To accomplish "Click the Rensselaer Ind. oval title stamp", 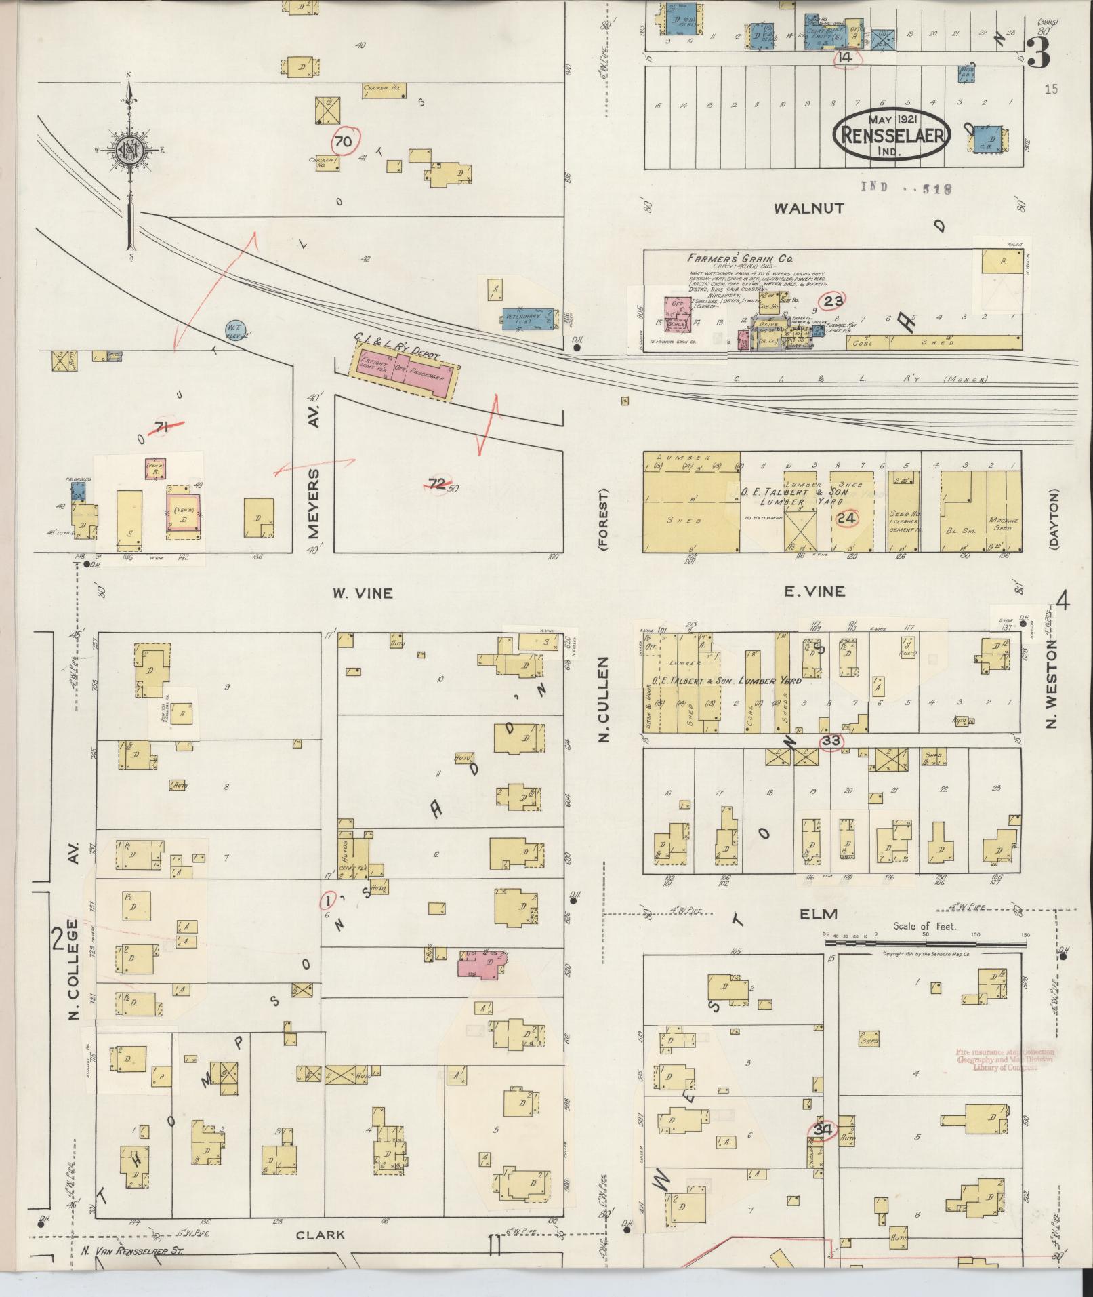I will tap(892, 134).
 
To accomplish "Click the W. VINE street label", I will tap(363, 593).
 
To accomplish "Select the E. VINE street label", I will tap(814, 591).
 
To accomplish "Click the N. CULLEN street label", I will tap(604, 698).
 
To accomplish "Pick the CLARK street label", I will tap(321, 1235).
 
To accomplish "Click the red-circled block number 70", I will tap(344, 142).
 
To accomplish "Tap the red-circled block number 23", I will tap(833, 301).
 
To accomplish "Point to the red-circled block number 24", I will tap(847, 519).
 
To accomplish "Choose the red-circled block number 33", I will tap(831, 741).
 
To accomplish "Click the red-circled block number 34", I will tap(822, 1130).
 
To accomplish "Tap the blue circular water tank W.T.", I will tap(235, 330).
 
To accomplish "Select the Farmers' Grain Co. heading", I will tap(739, 258).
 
